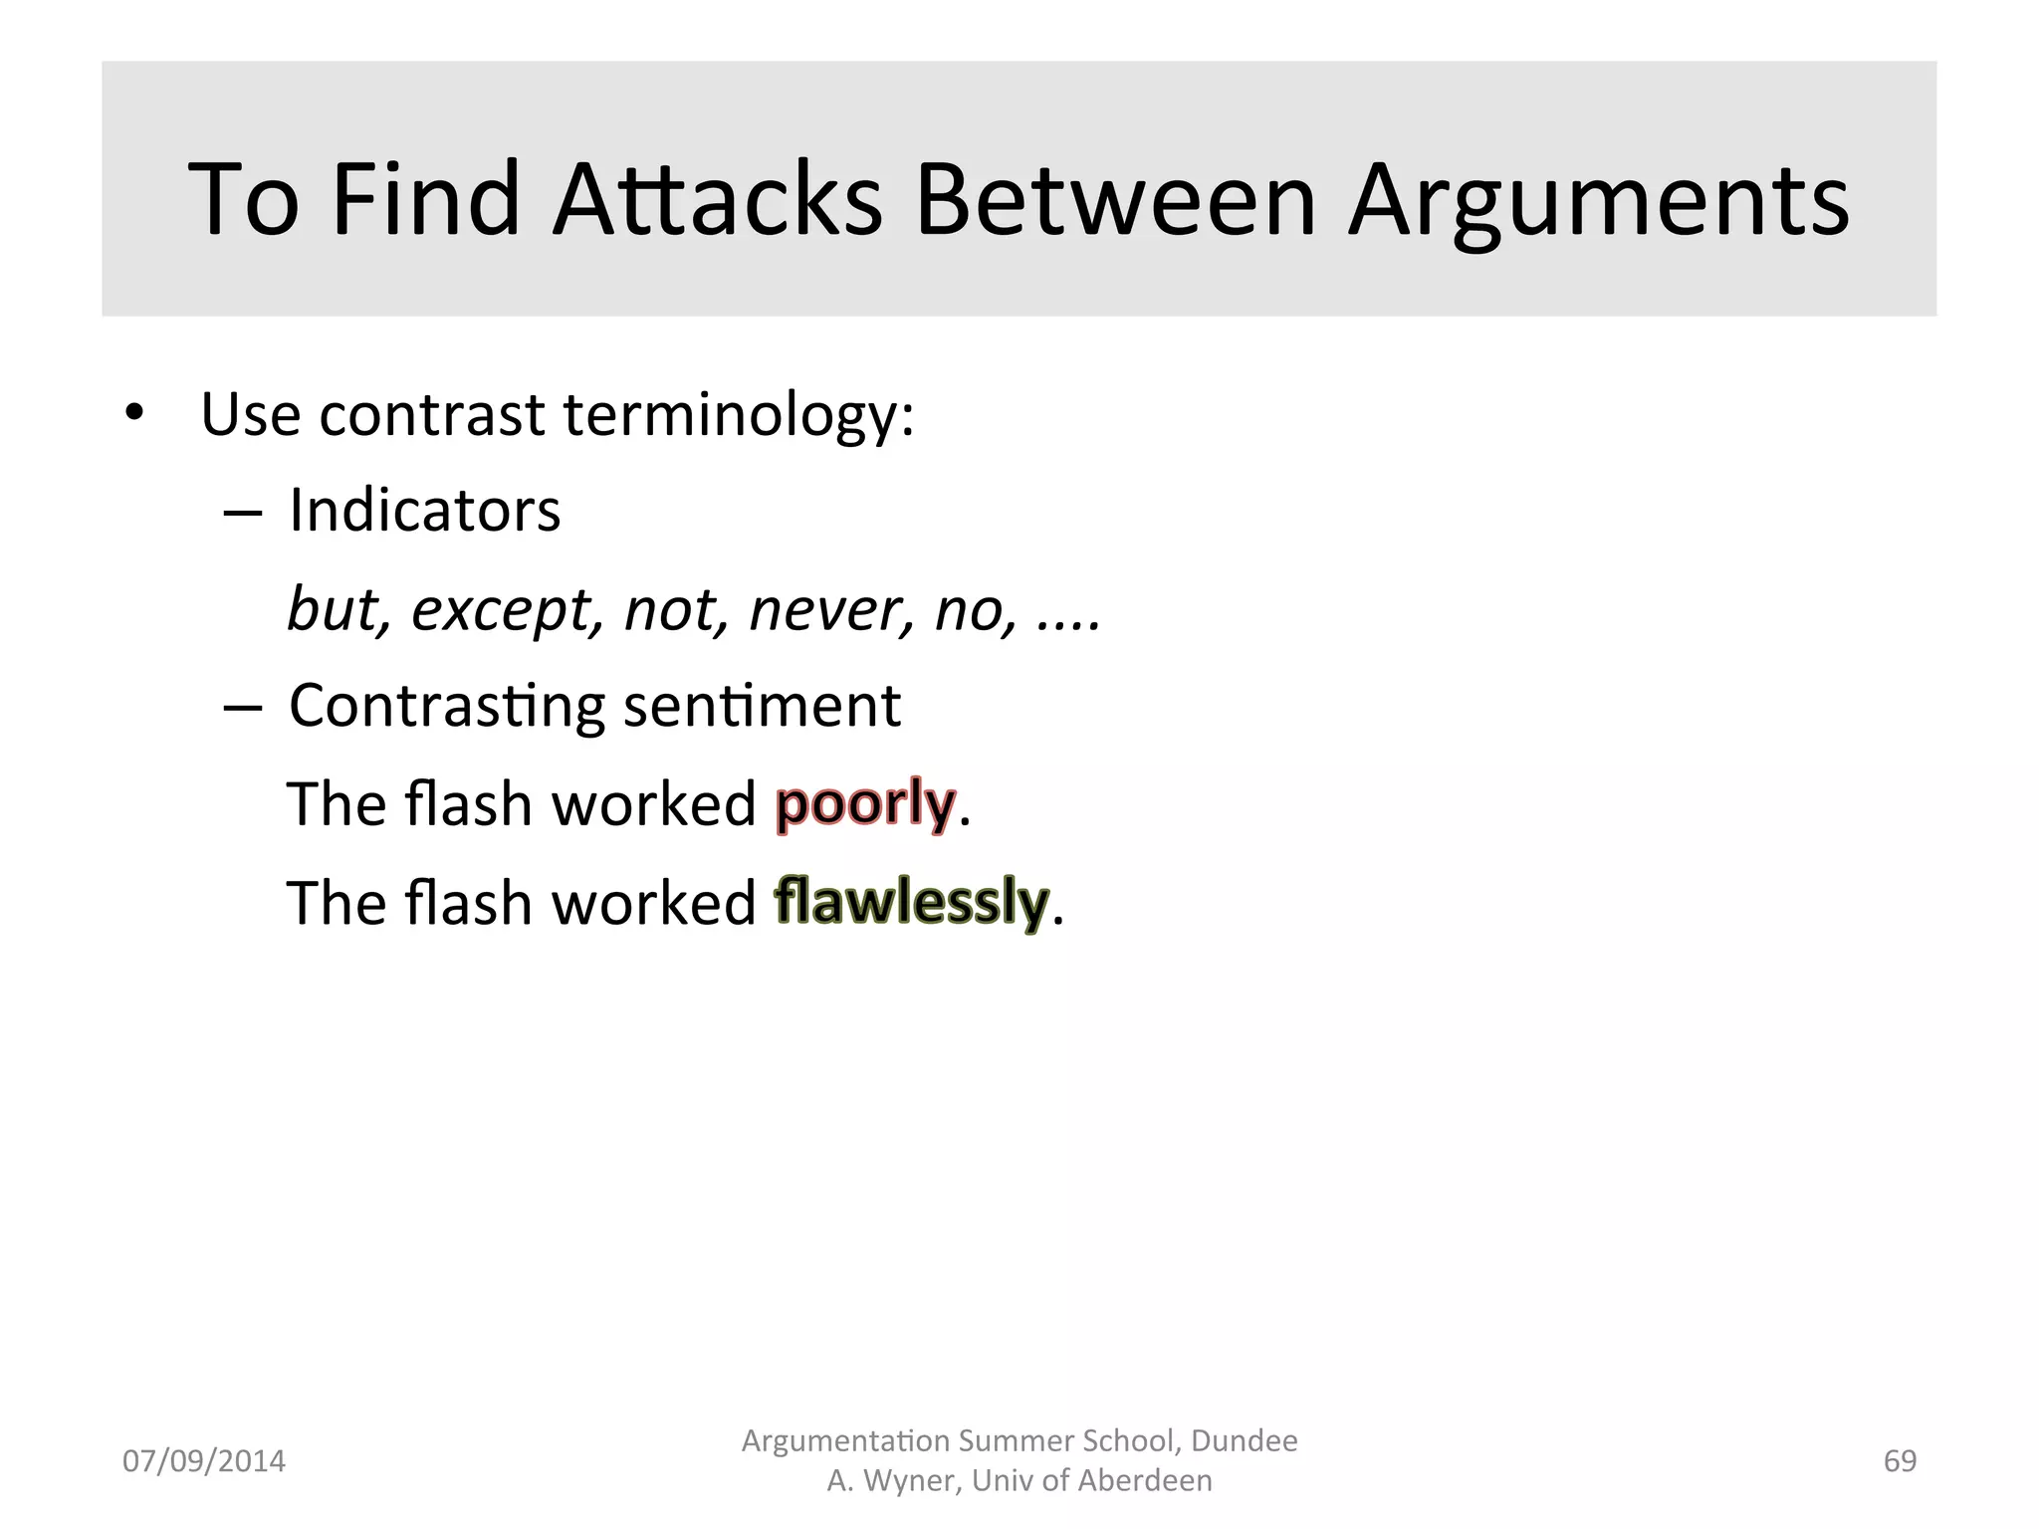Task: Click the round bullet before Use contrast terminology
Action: coord(134,412)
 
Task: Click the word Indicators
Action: coord(424,511)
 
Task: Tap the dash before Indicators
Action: coord(243,513)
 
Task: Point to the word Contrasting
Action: coord(446,706)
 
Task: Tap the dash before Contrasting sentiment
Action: coord(243,708)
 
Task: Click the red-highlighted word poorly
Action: coord(865,803)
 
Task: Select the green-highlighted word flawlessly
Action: coord(911,902)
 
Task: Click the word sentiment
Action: coord(762,706)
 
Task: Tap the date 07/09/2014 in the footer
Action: coord(203,1460)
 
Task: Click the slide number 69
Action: coord(1900,1460)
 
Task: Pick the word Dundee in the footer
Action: coord(1244,1440)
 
